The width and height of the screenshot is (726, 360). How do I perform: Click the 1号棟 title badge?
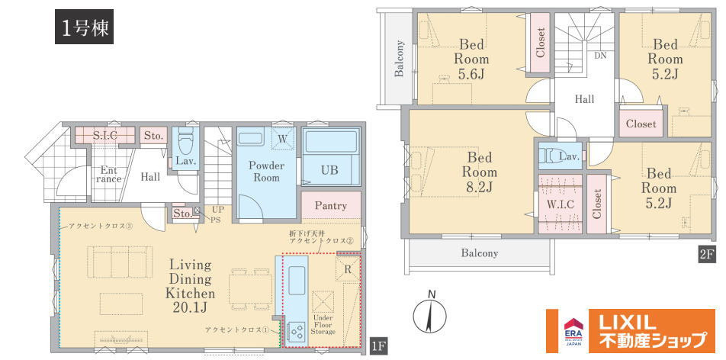[x=84, y=27]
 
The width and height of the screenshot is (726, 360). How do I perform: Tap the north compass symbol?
[x=431, y=313]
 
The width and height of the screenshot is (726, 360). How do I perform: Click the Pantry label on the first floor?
[x=331, y=206]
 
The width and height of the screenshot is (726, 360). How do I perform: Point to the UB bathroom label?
[x=329, y=169]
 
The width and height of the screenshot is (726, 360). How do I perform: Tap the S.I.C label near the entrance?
[x=104, y=136]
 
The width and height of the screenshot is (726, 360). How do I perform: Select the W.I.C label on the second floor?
[x=561, y=204]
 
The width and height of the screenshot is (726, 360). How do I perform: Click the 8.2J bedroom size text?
[x=481, y=187]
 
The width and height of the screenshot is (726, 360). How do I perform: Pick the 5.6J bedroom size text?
[x=472, y=74]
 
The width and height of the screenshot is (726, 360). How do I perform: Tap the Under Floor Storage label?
[x=323, y=325]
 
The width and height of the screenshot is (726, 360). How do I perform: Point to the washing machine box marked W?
[x=282, y=138]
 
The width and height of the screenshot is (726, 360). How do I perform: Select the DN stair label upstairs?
[x=600, y=55]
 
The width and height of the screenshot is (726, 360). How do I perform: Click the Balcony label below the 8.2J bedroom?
[x=479, y=253]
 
